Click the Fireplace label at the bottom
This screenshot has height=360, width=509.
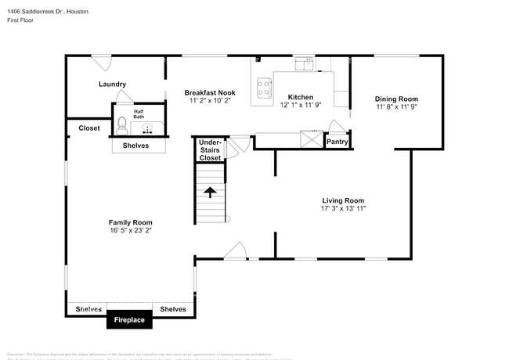click(x=129, y=320)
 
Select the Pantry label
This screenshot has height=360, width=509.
click(x=337, y=142)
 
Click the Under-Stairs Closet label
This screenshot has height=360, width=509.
click(x=210, y=150)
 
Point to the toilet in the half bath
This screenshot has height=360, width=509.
click(x=121, y=123)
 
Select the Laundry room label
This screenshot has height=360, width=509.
click(x=112, y=85)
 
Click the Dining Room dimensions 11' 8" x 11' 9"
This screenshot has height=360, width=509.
click(x=396, y=107)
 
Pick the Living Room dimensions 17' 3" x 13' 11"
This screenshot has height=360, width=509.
click(x=343, y=209)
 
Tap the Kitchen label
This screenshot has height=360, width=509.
click(x=300, y=97)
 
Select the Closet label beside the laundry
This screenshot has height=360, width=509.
click(x=88, y=128)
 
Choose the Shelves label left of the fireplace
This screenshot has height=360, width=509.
click(x=88, y=309)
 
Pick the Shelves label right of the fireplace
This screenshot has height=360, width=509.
click(x=172, y=309)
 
